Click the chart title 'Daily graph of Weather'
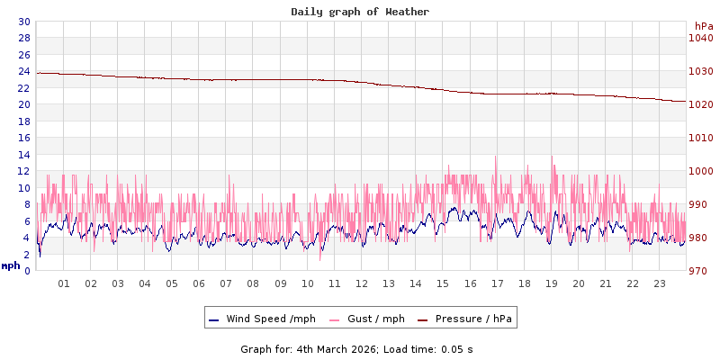click(x=360, y=12)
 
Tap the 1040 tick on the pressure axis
click(x=700, y=38)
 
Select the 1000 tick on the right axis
click(x=700, y=171)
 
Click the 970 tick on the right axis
click(x=700, y=271)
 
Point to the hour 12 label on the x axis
click(x=362, y=283)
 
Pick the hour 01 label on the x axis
click(x=64, y=283)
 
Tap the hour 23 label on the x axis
click(x=660, y=283)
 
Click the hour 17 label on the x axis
click(x=497, y=283)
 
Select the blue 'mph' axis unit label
click(x=11, y=265)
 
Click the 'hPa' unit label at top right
click(x=703, y=26)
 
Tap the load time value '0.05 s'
click(x=457, y=348)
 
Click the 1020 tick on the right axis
click(x=700, y=104)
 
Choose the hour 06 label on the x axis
click(x=199, y=283)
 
